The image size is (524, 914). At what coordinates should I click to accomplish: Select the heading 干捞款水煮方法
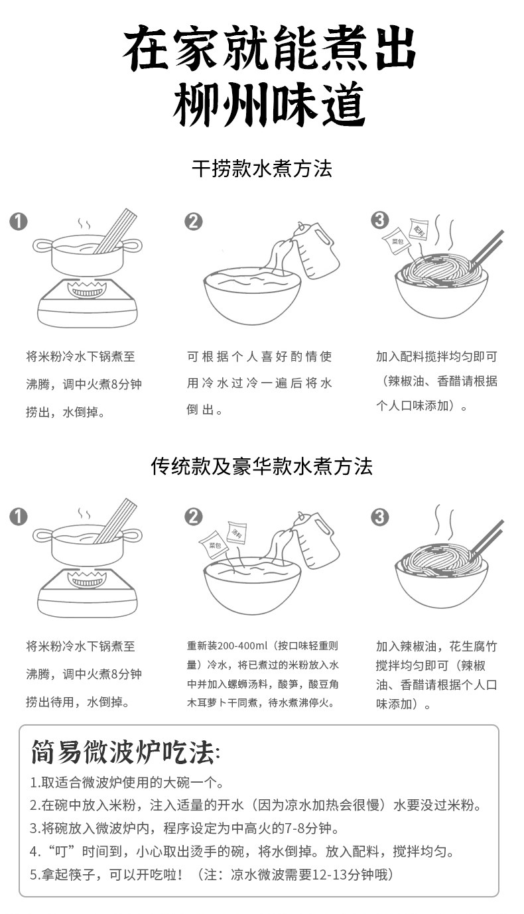tap(261, 168)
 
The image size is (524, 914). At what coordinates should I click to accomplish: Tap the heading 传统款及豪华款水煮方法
tap(261, 466)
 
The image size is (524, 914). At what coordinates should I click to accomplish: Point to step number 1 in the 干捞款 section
tap(19, 222)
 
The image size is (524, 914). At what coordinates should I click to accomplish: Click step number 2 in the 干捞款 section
tap(192, 222)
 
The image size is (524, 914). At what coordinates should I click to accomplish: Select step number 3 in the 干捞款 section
tap(379, 220)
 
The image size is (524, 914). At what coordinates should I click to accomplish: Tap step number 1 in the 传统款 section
tap(19, 516)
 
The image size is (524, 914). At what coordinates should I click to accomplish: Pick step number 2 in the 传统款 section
tap(192, 516)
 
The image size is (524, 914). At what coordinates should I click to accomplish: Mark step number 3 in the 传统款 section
tap(379, 517)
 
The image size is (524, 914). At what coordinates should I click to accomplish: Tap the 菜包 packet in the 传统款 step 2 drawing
tap(214, 546)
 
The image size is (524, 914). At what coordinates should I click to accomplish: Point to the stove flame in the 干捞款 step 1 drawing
tap(87, 290)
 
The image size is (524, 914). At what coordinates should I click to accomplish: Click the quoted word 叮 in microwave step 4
tap(61, 852)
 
